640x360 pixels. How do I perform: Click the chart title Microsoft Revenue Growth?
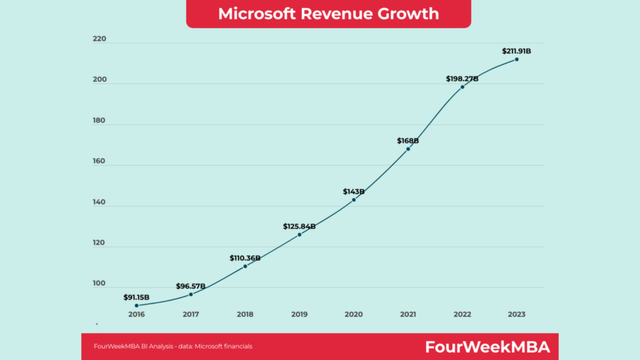pyautogui.click(x=328, y=14)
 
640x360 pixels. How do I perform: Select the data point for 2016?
pyautogui.click(x=136, y=306)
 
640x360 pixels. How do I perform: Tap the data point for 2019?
pyautogui.click(x=299, y=234)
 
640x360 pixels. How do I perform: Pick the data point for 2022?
pyautogui.click(x=462, y=87)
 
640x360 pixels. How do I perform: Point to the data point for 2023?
pyautogui.click(x=517, y=59)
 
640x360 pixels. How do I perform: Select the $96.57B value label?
pyautogui.click(x=191, y=286)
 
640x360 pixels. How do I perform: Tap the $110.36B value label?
pyautogui.click(x=245, y=257)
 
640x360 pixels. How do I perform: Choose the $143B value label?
pyautogui.click(x=354, y=192)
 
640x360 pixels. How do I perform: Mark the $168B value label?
pyautogui.click(x=408, y=141)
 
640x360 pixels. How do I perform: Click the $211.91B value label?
pyautogui.click(x=517, y=51)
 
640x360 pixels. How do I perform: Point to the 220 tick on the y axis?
pyautogui.click(x=100, y=39)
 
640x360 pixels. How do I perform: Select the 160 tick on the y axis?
pyautogui.click(x=100, y=162)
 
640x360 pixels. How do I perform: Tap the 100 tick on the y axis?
pyautogui.click(x=100, y=284)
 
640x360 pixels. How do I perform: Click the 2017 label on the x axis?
pyautogui.click(x=191, y=314)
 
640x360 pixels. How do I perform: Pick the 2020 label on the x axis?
pyautogui.click(x=354, y=314)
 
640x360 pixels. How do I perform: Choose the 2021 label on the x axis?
pyautogui.click(x=408, y=314)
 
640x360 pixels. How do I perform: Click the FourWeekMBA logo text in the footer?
pyautogui.click(x=487, y=347)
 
